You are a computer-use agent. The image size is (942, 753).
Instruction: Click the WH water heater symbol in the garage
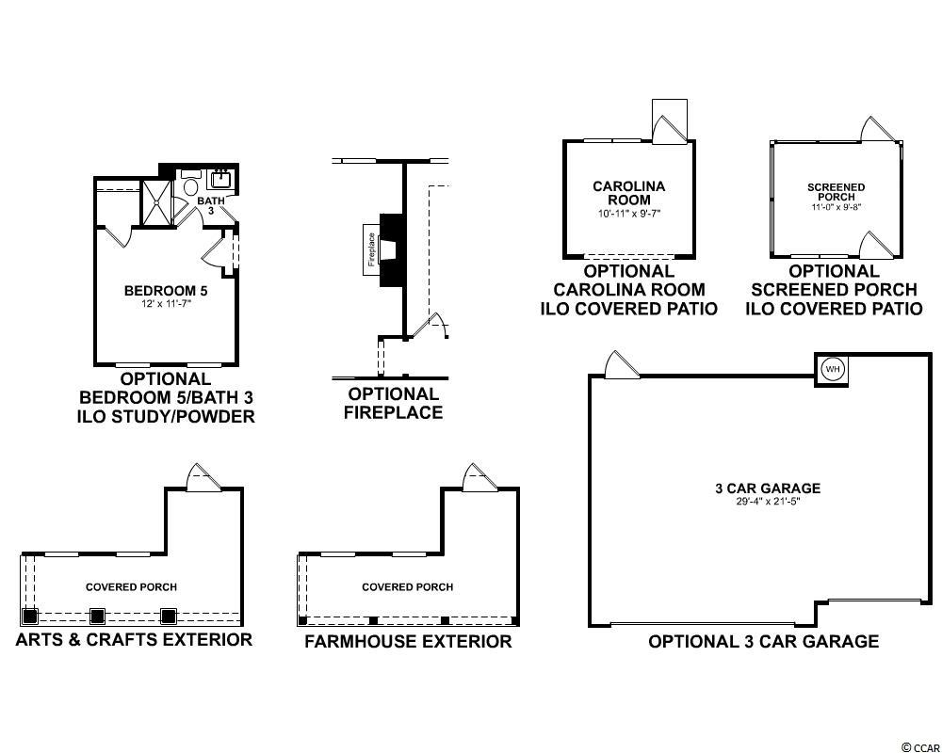tap(832, 369)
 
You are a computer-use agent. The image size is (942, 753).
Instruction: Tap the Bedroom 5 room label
tap(166, 291)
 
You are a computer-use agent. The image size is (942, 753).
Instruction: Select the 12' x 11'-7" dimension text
tap(166, 303)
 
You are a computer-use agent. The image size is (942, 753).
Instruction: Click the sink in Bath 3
tap(220, 179)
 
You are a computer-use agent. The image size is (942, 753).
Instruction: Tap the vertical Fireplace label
tap(371, 249)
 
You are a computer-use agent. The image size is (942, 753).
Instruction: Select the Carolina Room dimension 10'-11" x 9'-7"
tap(629, 213)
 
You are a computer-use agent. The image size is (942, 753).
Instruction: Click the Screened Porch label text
tap(836, 192)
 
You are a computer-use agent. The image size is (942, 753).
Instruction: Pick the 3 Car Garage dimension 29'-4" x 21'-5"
tap(768, 502)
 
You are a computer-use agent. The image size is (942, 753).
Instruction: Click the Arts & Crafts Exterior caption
tap(134, 639)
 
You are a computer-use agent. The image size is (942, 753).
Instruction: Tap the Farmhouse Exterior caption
tap(408, 641)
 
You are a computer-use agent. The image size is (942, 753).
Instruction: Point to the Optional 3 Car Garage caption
tap(764, 641)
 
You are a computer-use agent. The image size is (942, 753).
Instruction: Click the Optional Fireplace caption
tap(394, 404)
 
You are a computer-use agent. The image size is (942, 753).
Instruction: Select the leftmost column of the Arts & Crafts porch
tap(29, 617)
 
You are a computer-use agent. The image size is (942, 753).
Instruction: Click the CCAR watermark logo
tap(919, 746)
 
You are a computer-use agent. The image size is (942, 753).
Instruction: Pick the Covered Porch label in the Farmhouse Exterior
tap(407, 586)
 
